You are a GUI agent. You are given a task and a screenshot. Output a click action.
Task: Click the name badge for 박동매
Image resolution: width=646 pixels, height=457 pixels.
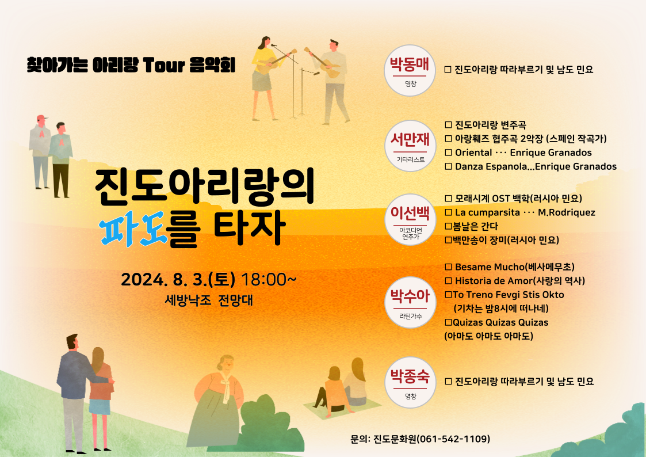410,70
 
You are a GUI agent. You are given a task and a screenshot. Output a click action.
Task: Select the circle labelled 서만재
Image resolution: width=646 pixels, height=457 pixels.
410,146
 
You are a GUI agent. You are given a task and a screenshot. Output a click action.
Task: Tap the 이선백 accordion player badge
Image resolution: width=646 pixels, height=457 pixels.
410,220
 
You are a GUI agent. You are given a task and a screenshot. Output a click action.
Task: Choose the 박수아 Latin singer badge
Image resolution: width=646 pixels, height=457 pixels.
410,303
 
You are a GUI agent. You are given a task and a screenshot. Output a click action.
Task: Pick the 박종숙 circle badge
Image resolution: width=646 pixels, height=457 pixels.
410,382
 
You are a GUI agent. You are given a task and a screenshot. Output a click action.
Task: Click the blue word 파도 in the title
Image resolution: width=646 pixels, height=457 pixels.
133,228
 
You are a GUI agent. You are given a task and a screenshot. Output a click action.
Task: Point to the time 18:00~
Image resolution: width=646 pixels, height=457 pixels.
268,280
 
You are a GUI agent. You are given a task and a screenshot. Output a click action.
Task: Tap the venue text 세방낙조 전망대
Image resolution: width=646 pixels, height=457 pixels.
208,300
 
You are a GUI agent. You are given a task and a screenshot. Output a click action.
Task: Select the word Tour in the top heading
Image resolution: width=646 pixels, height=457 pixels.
163,65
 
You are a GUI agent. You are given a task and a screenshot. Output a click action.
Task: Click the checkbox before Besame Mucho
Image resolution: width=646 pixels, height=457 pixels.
448,267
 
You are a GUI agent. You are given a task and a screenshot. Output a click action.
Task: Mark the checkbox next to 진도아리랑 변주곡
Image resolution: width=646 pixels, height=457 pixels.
448,125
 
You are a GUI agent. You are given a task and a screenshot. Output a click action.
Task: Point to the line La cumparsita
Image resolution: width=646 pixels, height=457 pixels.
520,212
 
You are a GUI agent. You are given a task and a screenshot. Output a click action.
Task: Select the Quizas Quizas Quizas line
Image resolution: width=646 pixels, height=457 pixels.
496,322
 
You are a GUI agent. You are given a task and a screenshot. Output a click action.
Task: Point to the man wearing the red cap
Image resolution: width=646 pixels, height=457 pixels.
40,151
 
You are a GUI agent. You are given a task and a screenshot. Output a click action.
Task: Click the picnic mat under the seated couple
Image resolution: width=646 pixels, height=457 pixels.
342,409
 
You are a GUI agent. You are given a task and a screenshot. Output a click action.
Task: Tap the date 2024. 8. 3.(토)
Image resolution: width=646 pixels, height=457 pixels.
178,280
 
